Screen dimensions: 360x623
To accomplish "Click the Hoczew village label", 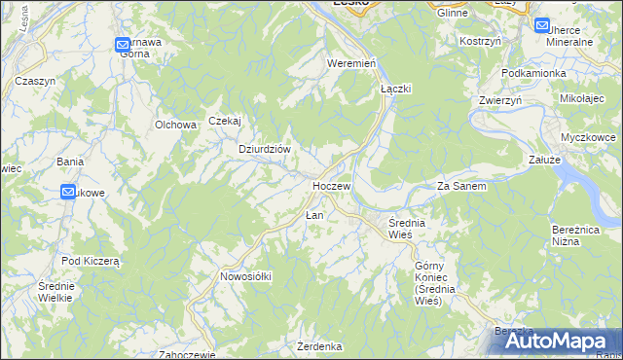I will coord(331,185).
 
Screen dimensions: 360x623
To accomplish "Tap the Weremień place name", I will coord(351,63).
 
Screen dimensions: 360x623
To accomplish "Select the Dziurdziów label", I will coord(266,149).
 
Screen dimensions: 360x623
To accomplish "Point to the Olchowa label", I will coord(176,125).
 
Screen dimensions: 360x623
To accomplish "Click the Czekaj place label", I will coord(224,121).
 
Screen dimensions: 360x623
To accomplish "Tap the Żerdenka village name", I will coord(319,346).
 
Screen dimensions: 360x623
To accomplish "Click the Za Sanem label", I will coord(461,185).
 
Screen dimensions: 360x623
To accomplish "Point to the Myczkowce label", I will coord(590,137).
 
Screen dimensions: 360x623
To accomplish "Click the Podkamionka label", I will coord(533,73).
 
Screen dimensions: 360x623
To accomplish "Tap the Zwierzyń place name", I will coord(500,100).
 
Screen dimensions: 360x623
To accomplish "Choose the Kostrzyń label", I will coord(480,42).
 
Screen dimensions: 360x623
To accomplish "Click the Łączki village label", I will coord(396,88).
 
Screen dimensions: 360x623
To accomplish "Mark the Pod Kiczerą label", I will coord(90,261).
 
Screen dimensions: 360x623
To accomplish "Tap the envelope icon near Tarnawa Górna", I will coord(122,44).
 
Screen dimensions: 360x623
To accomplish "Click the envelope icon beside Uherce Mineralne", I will coord(542,26).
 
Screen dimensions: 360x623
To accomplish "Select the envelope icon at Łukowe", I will coord(68,193).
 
